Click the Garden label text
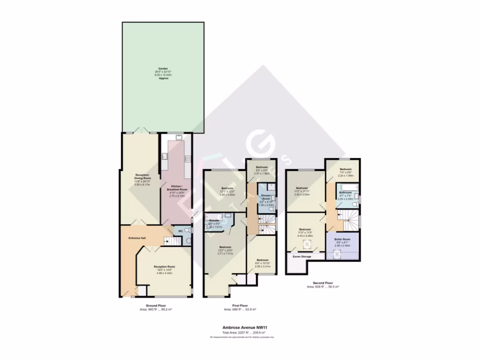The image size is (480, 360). tap(163, 68)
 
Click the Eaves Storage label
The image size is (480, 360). tap(302, 256)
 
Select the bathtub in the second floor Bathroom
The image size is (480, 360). tap(348, 187)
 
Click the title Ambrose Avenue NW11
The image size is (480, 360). tap(242, 328)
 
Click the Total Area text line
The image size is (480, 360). tap(242, 332)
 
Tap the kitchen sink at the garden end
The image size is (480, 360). tap(179, 137)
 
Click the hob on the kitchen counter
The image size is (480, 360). tap(187, 158)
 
